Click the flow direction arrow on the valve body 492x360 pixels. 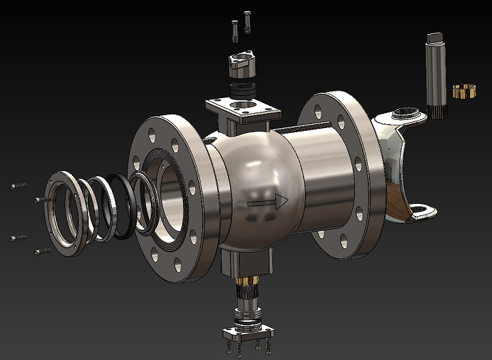pos(267,201)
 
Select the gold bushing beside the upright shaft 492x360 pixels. pos(464,91)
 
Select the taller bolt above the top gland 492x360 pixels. pos(247,21)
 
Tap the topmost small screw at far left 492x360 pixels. pos(18,185)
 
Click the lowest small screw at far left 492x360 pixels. pos(42,252)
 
